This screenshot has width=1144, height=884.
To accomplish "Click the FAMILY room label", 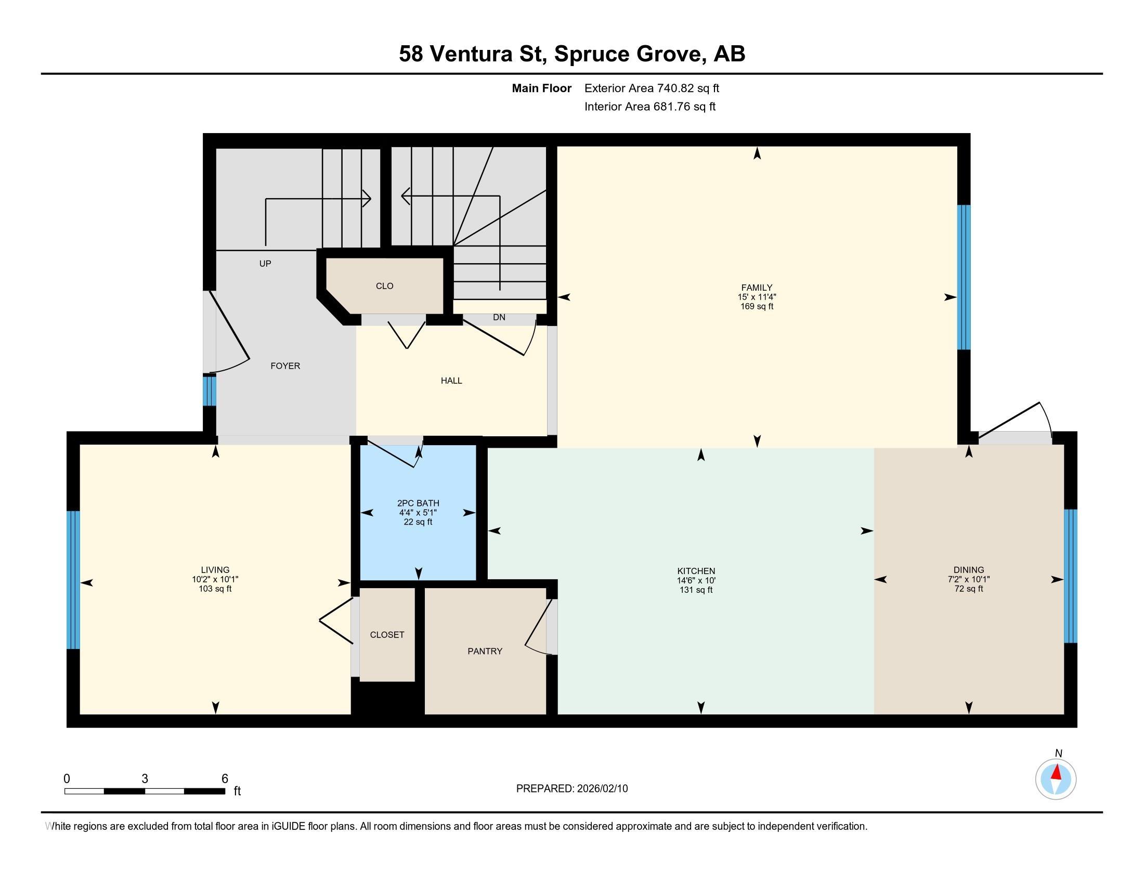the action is (x=757, y=288).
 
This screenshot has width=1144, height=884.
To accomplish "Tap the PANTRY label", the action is (x=485, y=651).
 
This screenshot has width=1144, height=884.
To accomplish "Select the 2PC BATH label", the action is (x=418, y=503).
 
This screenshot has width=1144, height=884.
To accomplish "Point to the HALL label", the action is (x=451, y=381).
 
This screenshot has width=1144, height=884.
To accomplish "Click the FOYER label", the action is (x=285, y=366).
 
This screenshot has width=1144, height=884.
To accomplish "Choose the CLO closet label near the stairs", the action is (x=384, y=286).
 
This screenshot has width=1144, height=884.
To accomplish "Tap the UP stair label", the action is (x=265, y=264).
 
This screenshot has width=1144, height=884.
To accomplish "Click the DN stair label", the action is (x=499, y=317).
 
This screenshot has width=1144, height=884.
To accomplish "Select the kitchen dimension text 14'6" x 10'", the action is (x=696, y=580).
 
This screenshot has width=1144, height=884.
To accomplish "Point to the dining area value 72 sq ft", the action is (x=969, y=589).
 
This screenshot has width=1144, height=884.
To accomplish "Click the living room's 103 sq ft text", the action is (x=215, y=589).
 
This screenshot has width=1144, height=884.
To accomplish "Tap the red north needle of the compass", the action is (x=1057, y=772).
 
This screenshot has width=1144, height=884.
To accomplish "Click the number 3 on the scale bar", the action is (x=145, y=779).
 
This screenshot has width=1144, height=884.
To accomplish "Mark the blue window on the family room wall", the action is (x=964, y=277).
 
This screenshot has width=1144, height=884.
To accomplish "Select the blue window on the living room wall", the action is (x=73, y=580).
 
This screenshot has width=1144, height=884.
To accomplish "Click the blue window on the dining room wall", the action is (x=1071, y=576).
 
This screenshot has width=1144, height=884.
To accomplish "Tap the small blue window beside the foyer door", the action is (x=210, y=391).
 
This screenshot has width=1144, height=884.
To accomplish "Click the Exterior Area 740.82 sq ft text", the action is (x=652, y=88).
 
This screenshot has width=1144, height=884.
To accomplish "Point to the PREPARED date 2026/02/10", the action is (x=601, y=789).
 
